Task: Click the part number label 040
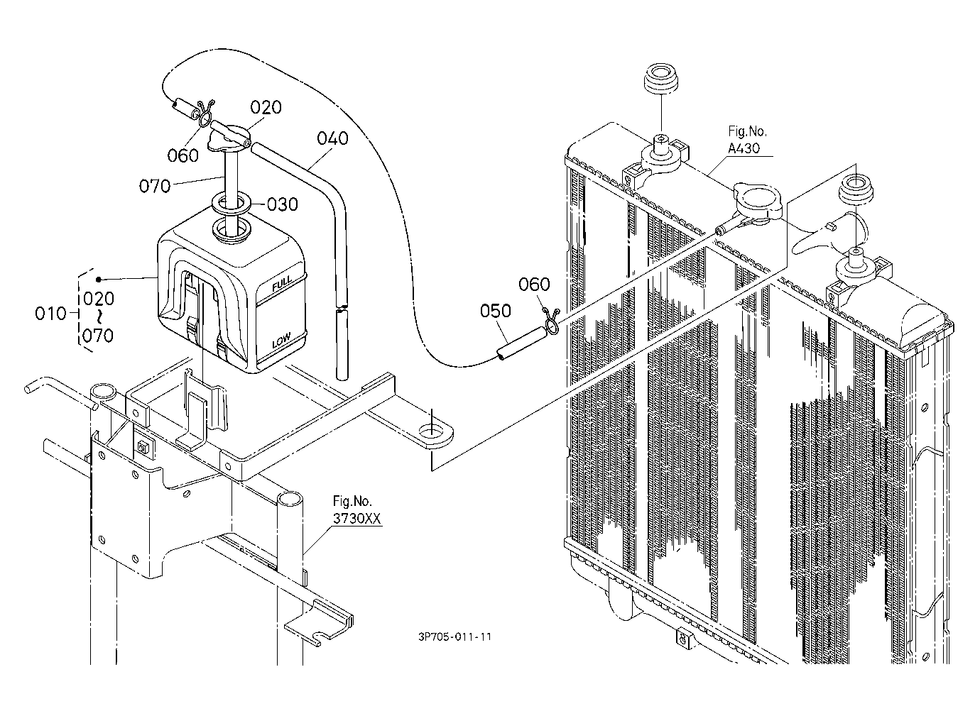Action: coord(332,138)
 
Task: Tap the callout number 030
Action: coord(282,204)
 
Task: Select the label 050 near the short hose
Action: coord(495,311)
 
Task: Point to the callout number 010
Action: coord(50,314)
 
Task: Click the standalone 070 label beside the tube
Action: coord(154,187)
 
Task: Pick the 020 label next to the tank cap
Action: coord(266,107)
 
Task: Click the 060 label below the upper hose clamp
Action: coord(183,155)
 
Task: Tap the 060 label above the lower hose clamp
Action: coord(534,285)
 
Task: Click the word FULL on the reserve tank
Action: coord(282,285)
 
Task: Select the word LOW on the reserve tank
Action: coord(281,341)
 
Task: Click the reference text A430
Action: coord(744,148)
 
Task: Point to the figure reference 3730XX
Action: coord(356,519)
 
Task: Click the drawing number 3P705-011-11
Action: coord(454,636)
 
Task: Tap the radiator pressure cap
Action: coord(758,202)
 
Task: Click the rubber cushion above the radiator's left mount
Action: coord(662,78)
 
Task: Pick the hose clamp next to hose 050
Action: coord(551,321)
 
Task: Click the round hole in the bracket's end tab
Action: coord(431,431)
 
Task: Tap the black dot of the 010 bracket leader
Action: coord(99,279)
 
